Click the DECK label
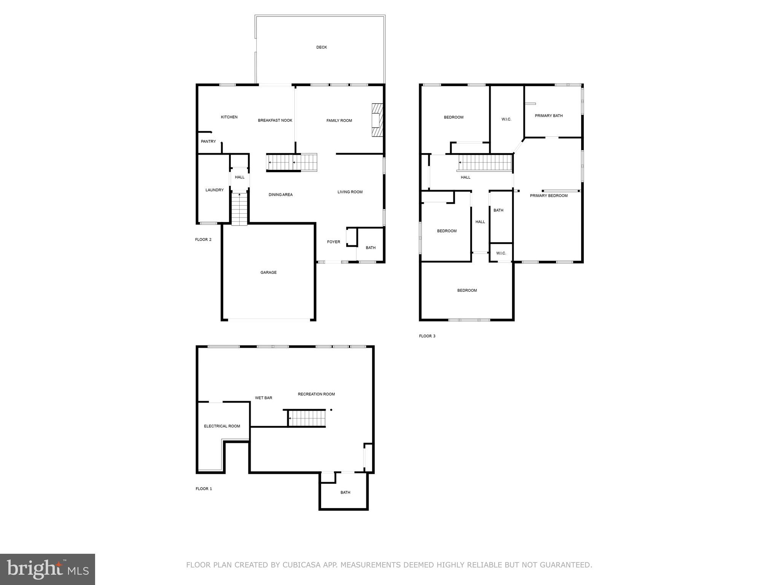point(321,47)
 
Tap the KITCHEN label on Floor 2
point(229,117)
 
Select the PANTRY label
point(208,141)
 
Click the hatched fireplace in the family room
point(377,120)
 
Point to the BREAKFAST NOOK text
point(275,120)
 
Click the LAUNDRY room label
point(215,190)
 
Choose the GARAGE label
point(268,272)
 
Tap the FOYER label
point(334,242)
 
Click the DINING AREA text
point(280,195)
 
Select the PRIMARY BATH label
point(548,116)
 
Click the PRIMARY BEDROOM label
point(548,196)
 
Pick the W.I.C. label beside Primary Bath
point(506,119)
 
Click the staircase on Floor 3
point(485,163)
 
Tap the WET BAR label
point(263,398)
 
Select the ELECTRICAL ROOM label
point(222,426)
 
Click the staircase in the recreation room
point(307,418)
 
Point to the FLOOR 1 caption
point(203,489)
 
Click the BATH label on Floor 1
point(345,492)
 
